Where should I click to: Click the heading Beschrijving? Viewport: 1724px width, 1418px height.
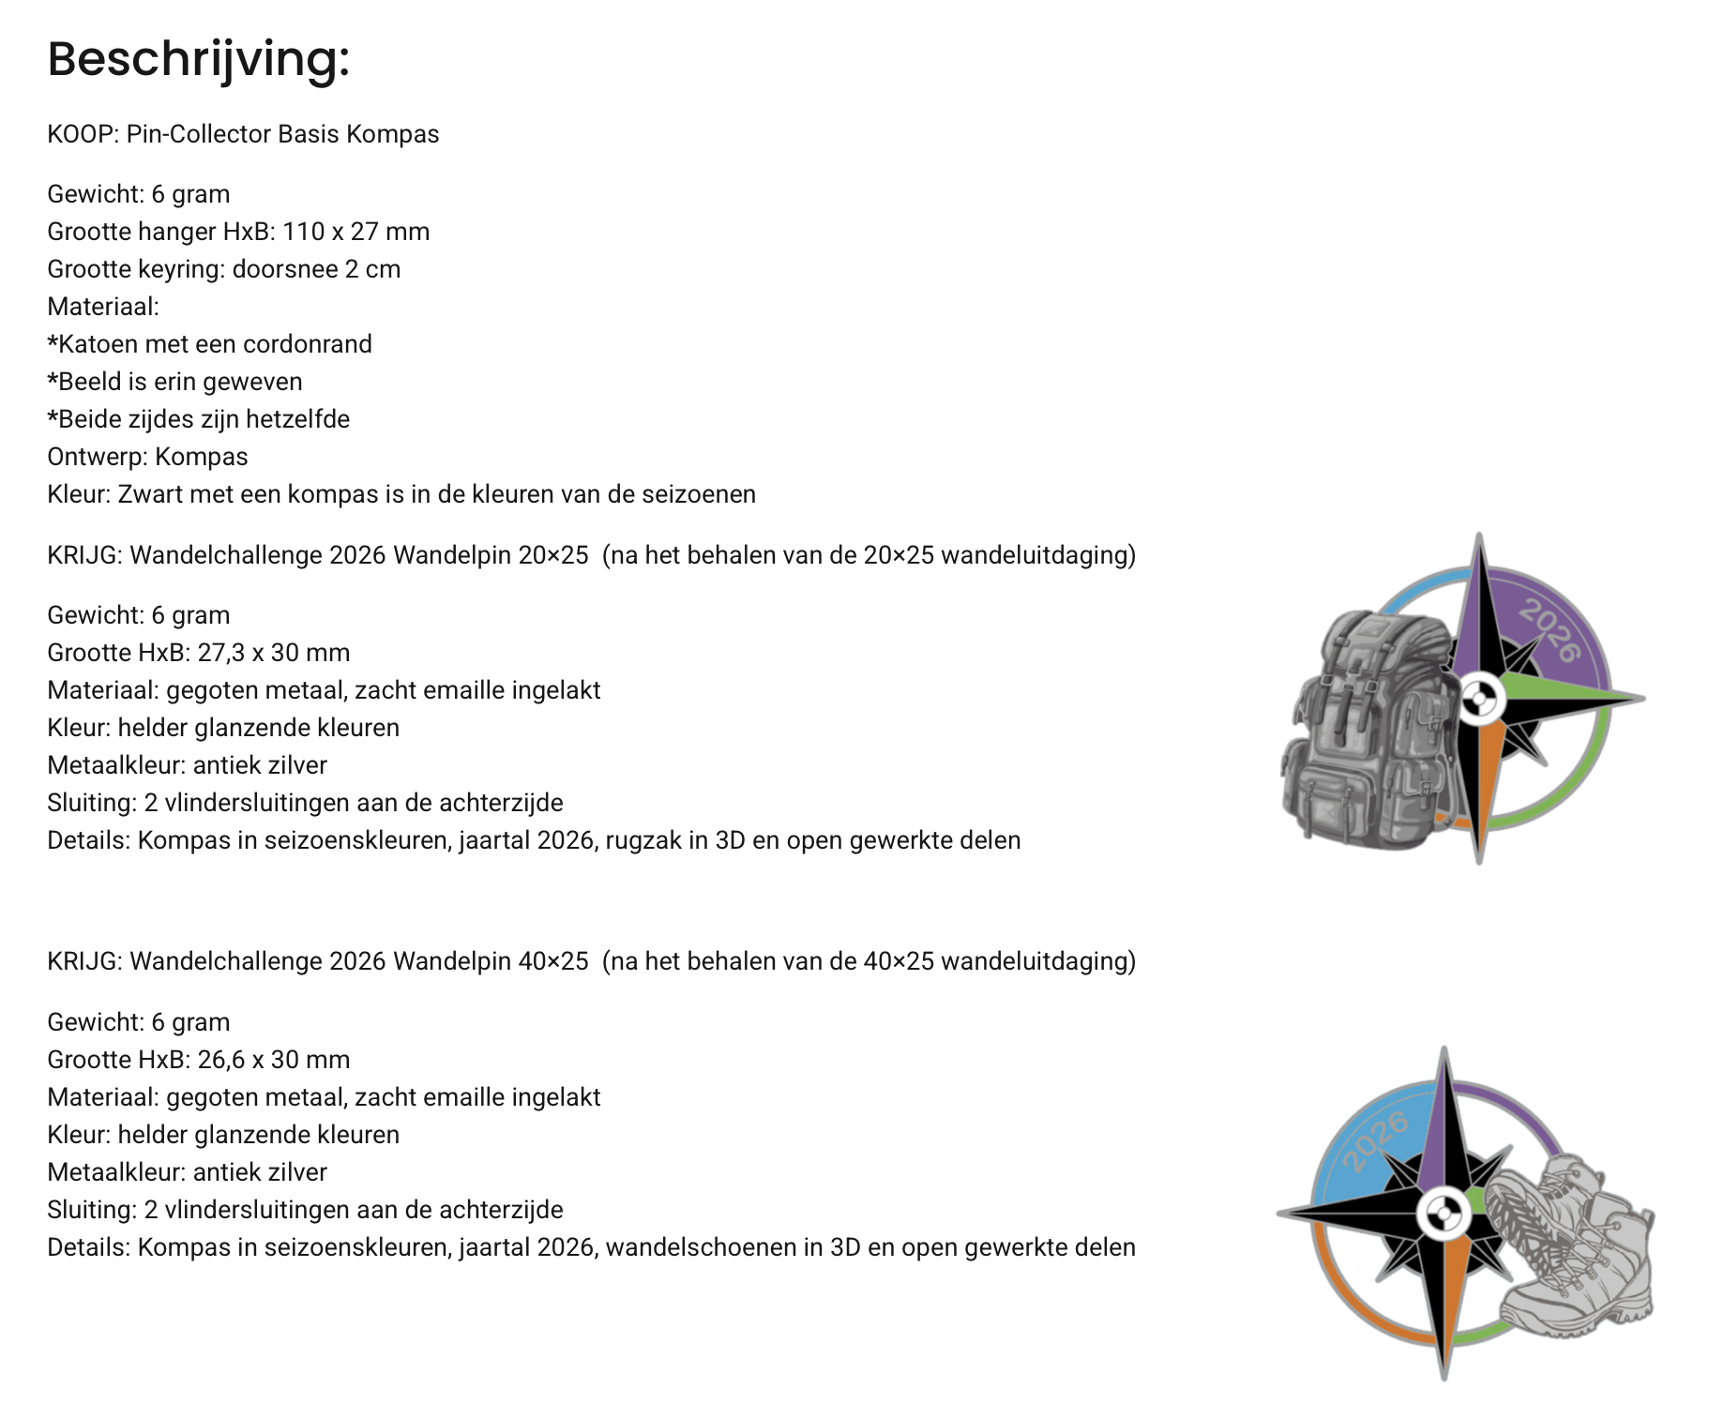[198, 59]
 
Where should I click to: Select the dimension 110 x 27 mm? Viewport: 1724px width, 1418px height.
[356, 232]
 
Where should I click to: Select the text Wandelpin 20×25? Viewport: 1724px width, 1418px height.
[491, 555]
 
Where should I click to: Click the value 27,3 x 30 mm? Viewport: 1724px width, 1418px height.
[274, 653]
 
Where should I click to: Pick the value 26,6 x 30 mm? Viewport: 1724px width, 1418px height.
[274, 1060]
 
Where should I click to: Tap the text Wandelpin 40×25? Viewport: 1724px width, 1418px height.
[491, 961]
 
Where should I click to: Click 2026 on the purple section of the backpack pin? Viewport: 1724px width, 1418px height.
[1550, 630]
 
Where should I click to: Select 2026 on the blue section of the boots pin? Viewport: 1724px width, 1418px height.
[1375, 1140]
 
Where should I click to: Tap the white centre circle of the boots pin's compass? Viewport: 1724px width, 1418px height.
[1444, 1214]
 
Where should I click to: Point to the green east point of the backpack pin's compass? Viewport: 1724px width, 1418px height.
[1576, 696]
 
